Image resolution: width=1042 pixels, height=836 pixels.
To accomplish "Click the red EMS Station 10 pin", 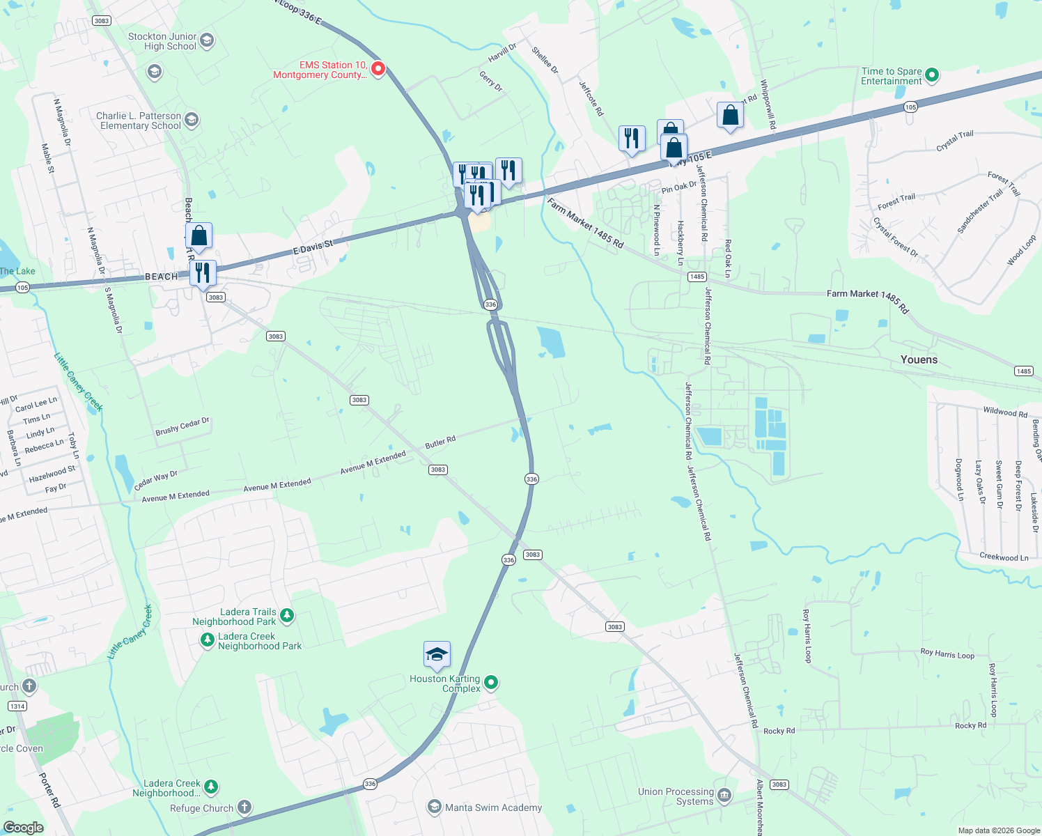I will pyautogui.click(x=378, y=69).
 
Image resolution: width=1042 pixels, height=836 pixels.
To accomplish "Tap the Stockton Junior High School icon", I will pyautogui.click(x=207, y=41).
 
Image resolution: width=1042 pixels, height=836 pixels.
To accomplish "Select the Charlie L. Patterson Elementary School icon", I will pyautogui.click(x=192, y=121).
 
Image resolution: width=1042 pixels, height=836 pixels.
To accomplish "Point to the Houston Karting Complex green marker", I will pyautogui.click(x=491, y=683).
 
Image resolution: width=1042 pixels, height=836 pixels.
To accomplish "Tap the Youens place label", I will pyautogui.click(x=919, y=359).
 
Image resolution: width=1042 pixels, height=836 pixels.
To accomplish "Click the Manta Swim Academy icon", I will pyautogui.click(x=435, y=807).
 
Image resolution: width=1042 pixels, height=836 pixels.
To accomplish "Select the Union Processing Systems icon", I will pyautogui.click(x=724, y=796).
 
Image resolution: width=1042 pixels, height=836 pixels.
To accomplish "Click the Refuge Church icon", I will pyautogui.click(x=244, y=807).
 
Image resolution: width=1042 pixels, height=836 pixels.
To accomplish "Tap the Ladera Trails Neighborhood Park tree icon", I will pyautogui.click(x=287, y=616).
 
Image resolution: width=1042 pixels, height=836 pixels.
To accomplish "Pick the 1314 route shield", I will pyautogui.click(x=17, y=706).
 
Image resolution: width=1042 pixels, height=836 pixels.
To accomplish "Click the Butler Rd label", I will pyautogui.click(x=440, y=442).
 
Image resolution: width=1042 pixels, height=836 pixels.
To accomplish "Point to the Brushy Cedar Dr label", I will pyautogui.click(x=182, y=426).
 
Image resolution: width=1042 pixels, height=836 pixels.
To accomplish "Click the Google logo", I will pyautogui.click(x=23, y=827).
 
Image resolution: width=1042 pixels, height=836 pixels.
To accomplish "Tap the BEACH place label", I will pyautogui.click(x=161, y=277).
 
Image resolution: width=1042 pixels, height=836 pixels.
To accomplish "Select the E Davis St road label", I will pyautogui.click(x=313, y=247).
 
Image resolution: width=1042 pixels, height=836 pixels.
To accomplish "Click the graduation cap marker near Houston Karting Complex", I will pyautogui.click(x=437, y=655).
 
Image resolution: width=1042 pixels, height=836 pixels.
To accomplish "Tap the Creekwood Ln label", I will pyautogui.click(x=1004, y=557).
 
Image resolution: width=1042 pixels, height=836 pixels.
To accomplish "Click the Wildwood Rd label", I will pyautogui.click(x=1004, y=412).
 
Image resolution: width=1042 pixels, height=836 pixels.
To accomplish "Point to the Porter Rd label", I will pyautogui.click(x=50, y=790).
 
